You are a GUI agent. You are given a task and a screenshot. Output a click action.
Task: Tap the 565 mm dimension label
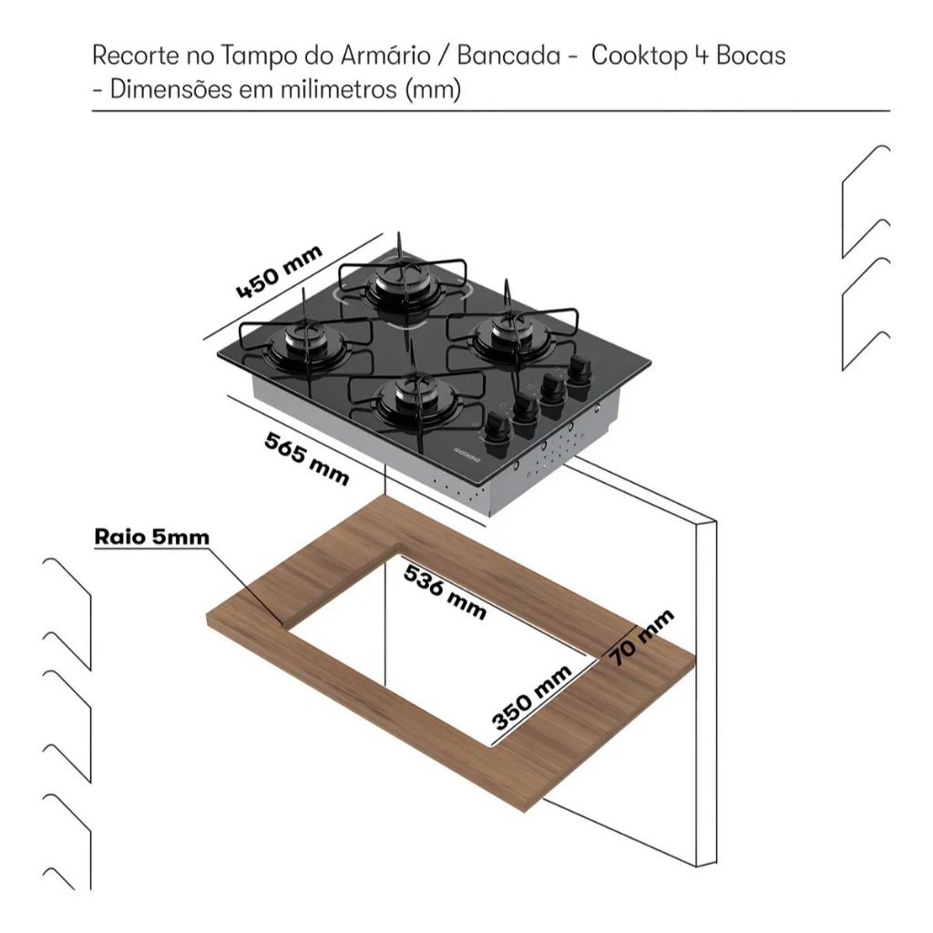(x=307, y=458)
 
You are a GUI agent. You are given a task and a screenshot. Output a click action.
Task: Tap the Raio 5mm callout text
(x=152, y=537)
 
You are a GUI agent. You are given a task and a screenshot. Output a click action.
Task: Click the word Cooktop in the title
(x=638, y=56)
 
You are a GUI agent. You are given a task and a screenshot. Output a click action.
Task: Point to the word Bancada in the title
(x=508, y=56)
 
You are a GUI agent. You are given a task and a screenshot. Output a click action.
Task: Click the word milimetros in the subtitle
(x=339, y=90)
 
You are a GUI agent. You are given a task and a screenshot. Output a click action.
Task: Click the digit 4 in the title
(x=701, y=56)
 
